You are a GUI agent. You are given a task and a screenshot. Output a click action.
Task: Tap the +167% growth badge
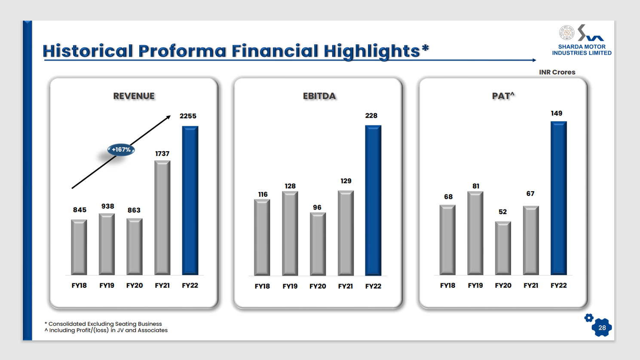tap(121, 149)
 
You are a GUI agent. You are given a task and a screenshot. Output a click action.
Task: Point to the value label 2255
tap(188, 116)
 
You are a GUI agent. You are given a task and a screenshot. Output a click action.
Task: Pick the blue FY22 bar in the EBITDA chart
tap(373, 200)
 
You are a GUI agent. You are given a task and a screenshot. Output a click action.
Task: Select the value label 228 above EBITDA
tap(371, 116)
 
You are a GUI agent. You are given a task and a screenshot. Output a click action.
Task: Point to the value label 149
tap(556, 113)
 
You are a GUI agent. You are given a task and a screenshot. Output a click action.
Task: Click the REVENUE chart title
tap(134, 96)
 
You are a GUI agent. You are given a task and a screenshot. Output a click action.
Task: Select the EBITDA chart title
tap(319, 96)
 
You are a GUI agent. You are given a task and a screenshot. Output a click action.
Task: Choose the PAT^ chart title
tap(503, 96)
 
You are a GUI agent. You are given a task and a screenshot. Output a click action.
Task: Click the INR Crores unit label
tap(557, 72)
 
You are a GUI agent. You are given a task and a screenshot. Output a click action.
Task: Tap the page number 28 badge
tap(602, 328)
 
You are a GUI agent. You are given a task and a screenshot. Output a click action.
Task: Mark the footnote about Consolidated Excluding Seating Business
tap(103, 324)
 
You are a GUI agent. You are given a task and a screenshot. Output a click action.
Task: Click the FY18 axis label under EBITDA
tap(262, 286)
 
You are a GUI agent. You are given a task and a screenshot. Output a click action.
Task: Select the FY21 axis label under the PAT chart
tap(530, 285)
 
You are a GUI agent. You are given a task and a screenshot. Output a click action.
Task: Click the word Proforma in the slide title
tap(182, 51)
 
